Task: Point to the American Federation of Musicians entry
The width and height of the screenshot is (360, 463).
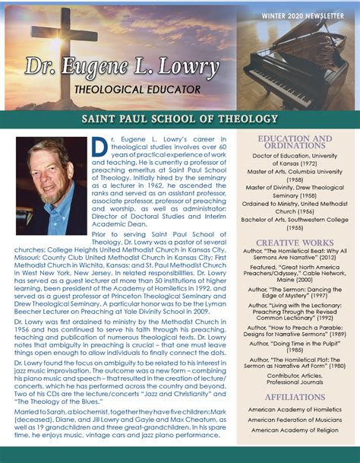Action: [x=295, y=420]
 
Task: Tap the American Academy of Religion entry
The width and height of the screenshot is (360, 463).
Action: [x=295, y=430]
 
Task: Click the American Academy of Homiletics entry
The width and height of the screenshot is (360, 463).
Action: [x=295, y=409]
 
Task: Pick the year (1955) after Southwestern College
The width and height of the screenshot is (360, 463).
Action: [x=295, y=227]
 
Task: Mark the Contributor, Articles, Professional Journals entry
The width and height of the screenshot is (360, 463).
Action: [x=295, y=379]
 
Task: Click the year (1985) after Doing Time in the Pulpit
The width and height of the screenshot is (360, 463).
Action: [x=295, y=351]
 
